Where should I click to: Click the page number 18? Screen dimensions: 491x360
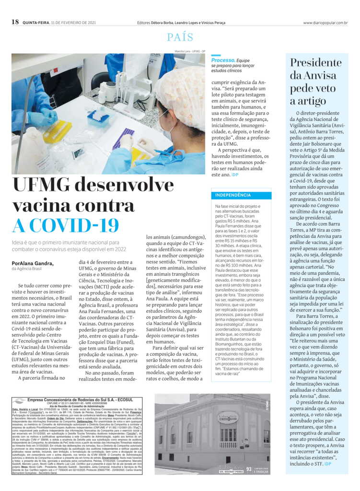coord(14,22)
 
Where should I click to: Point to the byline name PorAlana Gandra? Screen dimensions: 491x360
coord(33,263)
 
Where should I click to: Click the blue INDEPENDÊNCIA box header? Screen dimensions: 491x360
coord(233,196)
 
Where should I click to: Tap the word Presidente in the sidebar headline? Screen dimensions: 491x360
coord(315,63)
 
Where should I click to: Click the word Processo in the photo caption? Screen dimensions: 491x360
coord(223,60)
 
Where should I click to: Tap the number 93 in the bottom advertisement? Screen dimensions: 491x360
coord(248,468)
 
